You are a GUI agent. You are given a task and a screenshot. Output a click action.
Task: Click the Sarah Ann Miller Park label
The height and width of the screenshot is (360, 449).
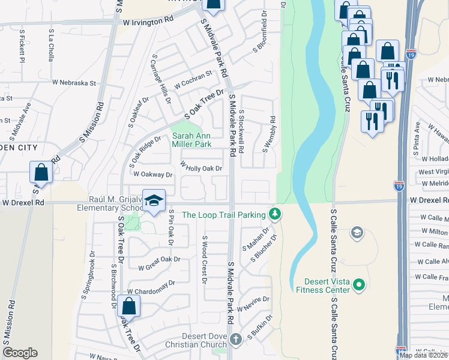click(191, 140)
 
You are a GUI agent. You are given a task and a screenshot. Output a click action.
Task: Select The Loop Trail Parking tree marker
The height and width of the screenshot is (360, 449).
click(275, 213)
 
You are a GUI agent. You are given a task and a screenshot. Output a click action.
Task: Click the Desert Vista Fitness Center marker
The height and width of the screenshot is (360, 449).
click(359, 283)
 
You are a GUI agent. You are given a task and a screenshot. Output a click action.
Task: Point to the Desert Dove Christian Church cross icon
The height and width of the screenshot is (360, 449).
click(237, 339)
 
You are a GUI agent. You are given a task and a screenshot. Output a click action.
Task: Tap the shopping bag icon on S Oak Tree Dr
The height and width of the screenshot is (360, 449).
click(129, 306)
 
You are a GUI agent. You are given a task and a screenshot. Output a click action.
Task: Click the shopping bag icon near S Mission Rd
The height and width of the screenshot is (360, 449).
click(41, 173)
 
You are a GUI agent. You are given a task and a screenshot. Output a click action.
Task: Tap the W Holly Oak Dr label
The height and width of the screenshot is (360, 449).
click(201, 169)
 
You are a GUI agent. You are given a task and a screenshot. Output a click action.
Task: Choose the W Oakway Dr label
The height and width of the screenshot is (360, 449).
click(152, 175)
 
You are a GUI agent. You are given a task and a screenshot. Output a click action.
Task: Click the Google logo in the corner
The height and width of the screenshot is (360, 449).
click(20, 353)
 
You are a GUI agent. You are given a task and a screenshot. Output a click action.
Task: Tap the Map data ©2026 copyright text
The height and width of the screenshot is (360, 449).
click(424, 355)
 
